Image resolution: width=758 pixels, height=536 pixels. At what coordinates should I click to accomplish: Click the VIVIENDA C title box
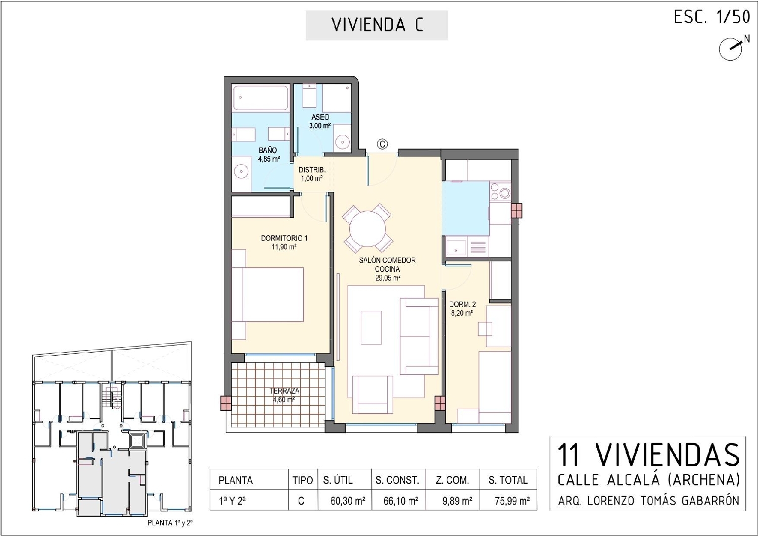click(376, 25)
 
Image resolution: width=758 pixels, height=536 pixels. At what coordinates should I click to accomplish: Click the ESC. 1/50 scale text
click(712, 17)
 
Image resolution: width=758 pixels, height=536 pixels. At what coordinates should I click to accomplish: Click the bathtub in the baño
click(260, 99)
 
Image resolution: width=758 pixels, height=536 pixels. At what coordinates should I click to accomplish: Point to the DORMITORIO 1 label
click(284, 238)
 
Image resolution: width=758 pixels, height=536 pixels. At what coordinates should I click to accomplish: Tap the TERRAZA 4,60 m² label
click(284, 395)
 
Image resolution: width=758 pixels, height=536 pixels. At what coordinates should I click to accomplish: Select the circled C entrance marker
click(383, 144)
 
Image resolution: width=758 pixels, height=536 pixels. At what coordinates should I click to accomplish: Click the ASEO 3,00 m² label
click(320, 121)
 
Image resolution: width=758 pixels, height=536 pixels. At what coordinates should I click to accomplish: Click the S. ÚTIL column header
click(338, 480)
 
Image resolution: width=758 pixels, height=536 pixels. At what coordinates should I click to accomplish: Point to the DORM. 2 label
click(462, 308)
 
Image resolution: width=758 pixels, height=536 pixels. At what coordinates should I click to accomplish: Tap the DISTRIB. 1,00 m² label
click(311, 174)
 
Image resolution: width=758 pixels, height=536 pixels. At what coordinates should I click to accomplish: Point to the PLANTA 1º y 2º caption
click(170, 523)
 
